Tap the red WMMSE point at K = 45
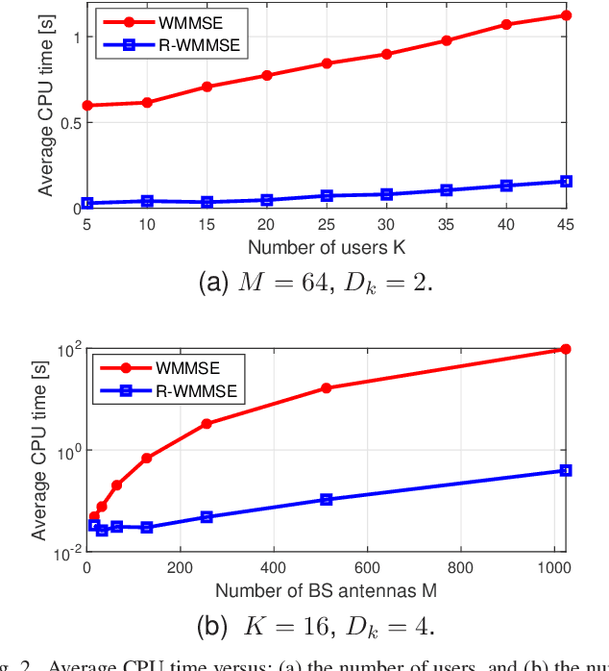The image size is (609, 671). (566, 15)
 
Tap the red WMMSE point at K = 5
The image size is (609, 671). (87, 105)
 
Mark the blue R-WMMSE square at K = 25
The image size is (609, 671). (327, 195)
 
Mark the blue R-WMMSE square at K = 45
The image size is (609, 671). (566, 181)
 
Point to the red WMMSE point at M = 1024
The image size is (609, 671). (566, 349)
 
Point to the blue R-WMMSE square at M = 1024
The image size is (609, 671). (566, 470)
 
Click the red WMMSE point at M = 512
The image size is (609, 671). (327, 387)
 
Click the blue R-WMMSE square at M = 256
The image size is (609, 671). (207, 516)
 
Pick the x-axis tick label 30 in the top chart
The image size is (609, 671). (386, 223)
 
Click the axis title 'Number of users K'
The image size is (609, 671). (327, 247)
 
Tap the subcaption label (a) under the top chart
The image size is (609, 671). (213, 283)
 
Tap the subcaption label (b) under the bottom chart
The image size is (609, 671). (212, 627)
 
